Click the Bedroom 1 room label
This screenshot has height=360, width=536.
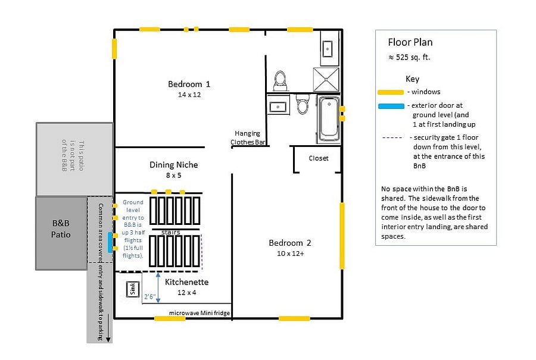[x=189, y=84]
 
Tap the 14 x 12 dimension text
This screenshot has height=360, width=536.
[x=189, y=95]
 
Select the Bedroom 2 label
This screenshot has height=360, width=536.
[x=290, y=243]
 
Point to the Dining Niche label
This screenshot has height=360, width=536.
[x=174, y=165]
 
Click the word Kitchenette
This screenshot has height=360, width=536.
[x=186, y=282]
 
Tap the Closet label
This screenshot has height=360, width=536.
[x=318, y=158]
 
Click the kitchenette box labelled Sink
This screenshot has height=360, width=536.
[x=133, y=289]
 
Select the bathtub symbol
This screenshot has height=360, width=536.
[x=329, y=119]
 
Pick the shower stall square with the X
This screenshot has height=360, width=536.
[x=326, y=79]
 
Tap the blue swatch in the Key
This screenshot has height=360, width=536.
[x=391, y=106]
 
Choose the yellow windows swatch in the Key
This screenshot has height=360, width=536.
[x=391, y=92]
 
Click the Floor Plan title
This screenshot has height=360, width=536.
[x=410, y=42]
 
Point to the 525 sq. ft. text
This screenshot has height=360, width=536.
[x=413, y=57]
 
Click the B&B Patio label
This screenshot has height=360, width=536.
[x=61, y=228]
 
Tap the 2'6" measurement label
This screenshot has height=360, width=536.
[x=149, y=296]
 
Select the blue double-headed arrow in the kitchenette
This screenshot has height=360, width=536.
[x=158, y=287]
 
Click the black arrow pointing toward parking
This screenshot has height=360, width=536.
[x=108, y=328]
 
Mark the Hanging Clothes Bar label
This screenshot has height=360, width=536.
[x=248, y=137]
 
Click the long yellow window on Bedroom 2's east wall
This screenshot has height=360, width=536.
[x=342, y=236]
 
